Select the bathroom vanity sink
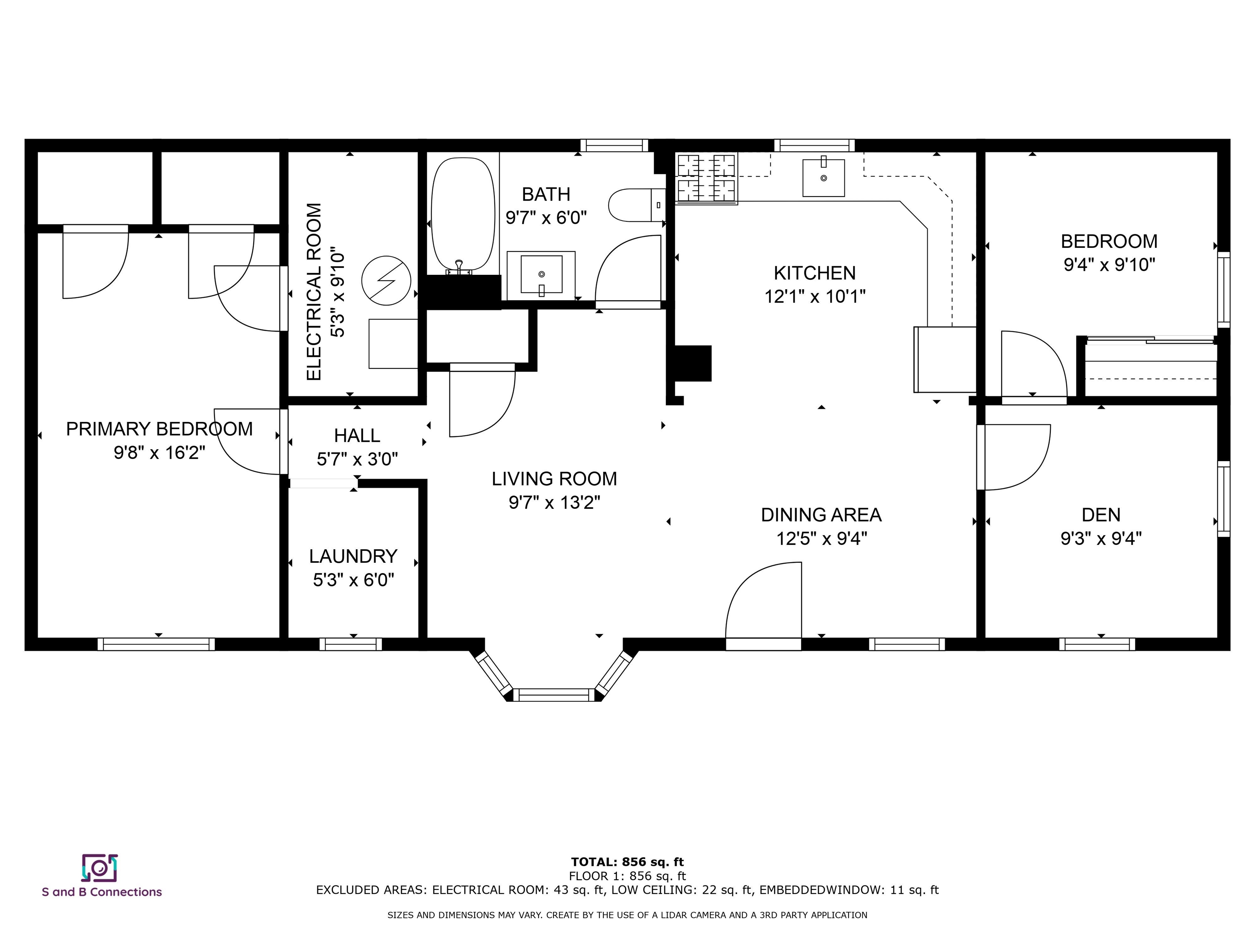[541, 275]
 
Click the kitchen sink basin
[823, 178]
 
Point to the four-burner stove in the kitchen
[706, 178]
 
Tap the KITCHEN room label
[815, 273]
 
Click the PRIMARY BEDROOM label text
[159, 429]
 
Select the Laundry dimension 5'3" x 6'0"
[353, 580]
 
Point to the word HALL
[357, 436]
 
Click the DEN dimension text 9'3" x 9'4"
[1101, 538]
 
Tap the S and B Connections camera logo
[99, 868]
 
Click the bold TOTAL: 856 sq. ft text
[627, 862]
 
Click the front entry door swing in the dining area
[764, 601]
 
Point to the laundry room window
[351, 644]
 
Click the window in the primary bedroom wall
[156, 644]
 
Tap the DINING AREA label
[821, 515]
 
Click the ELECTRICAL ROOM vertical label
[314, 292]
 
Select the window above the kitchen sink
[814, 145]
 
